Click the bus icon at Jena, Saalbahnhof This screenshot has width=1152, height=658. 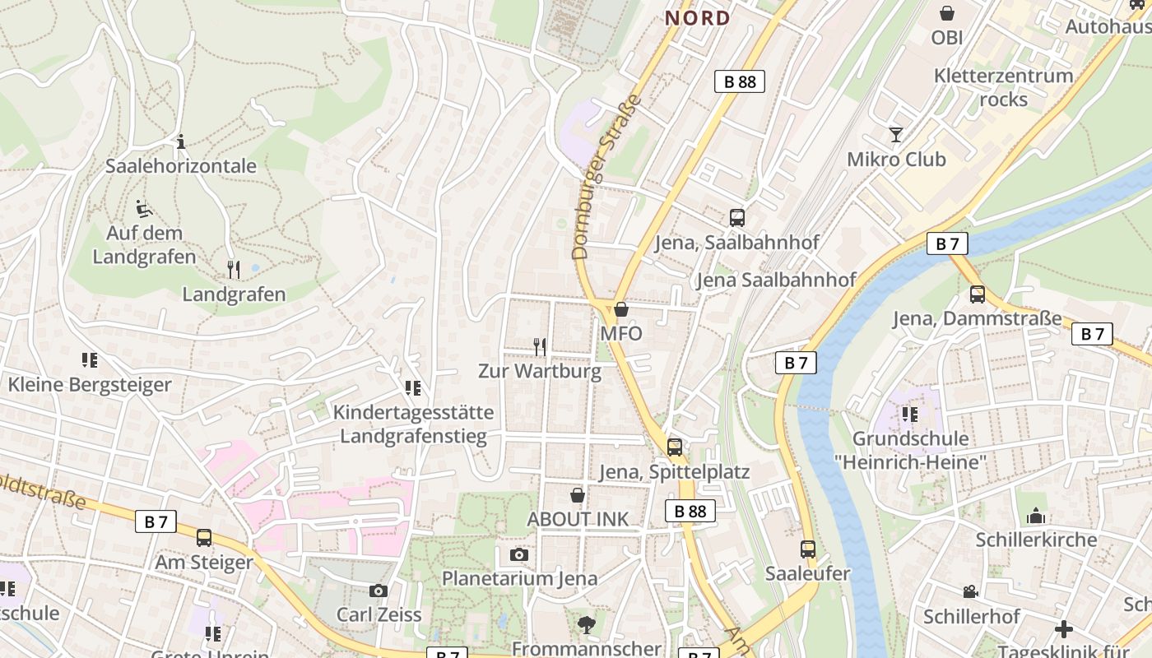click(x=736, y=218)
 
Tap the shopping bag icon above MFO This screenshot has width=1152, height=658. click(x=621, y=310)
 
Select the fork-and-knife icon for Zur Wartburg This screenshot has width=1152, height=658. click(x=540, y=347)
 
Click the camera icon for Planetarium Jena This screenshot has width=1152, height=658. click(x=518, y=554)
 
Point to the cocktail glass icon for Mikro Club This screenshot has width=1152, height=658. click(x=896, y=135)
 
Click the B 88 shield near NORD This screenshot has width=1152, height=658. click(x=739, y=81)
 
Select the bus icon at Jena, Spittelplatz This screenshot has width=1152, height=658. click(x=674, y=447)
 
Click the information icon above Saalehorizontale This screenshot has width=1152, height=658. click(x=180, y=141)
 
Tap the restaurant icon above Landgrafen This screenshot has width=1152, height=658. click(x=234, y=269)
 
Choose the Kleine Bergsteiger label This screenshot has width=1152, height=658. click(x=90, y=384)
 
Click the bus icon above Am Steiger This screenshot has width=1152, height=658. click(x=203, y=538)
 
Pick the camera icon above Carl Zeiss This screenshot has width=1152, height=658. click(x=379, y=591)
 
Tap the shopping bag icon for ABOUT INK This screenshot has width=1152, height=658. click(x=578, y=495)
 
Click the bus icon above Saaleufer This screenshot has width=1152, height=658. click(x=807, y=549)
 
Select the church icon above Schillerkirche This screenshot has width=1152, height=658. click(x=1035, y=516)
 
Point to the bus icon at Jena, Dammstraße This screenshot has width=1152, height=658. click(x=978, y=294)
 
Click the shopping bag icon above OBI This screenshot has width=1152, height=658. click(x=947, y=13)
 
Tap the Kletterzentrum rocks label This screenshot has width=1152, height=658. click(x=1003, y=87)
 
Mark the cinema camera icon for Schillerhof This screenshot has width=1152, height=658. click(x=971, y=591)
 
